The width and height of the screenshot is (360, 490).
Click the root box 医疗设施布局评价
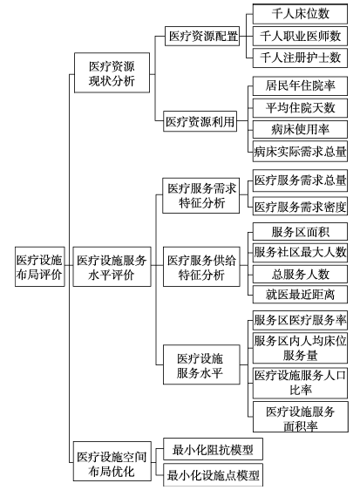(40, 267)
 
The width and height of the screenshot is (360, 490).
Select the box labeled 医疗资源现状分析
(112, 73)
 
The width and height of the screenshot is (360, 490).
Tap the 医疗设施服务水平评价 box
(112, 267)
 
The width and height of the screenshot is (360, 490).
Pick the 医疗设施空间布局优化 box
(112, 461)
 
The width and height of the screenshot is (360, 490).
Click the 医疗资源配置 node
(202, 37)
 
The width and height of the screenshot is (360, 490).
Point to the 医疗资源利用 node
(200, 121)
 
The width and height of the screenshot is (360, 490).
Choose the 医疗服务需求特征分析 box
(201, 195)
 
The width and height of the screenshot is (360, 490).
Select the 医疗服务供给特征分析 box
(201, 267)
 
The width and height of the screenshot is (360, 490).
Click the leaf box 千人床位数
(300, 14)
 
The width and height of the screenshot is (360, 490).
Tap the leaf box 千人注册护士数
(300, 58)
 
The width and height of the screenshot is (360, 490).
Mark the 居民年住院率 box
(300, 85)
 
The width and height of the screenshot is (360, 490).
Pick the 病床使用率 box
(300, 129)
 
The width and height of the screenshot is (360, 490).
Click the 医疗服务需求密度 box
(300, 207)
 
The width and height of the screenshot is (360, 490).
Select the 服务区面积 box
(300, 232)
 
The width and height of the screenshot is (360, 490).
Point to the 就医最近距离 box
(300, 295)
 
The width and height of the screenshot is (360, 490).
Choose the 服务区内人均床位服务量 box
(300, 348)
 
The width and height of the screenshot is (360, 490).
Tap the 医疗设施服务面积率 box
(301, 417)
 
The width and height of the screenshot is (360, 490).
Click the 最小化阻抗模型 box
(213, 449)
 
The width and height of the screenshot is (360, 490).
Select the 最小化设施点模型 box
(213, 475)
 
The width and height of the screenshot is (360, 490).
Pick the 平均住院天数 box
(300, 108)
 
